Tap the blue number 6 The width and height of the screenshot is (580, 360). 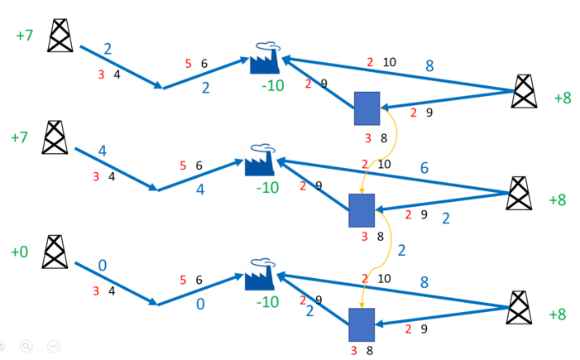tap(424, 168)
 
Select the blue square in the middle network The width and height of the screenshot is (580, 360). tap(362, 210)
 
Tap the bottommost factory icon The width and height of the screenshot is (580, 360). tap(261, 276)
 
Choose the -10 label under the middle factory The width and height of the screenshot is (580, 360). tap(267, 189)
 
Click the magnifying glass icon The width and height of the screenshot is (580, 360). tap(26, 346)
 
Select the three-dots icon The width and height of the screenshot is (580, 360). tap(54, 346)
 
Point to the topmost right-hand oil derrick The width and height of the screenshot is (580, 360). tap(524, 91)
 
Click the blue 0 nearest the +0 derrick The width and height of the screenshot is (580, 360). tap(103, 265)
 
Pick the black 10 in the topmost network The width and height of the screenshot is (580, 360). tap(389, 62)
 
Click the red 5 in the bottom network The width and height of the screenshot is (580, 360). tap(183, 281)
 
